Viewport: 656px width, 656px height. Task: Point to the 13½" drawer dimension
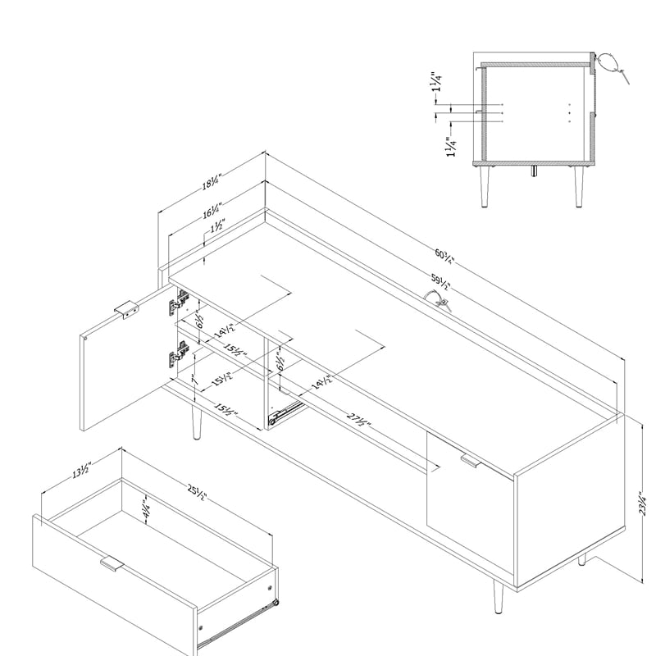pyautogui.click(x=80, y=470)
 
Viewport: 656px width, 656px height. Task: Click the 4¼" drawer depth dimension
pyautogui.click(x=145, y=508)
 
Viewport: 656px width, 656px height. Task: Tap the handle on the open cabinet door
pyautogui.click(x=125, y=309)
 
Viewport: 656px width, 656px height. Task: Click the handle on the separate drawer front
pyautogui.click(x=111, y=564)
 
